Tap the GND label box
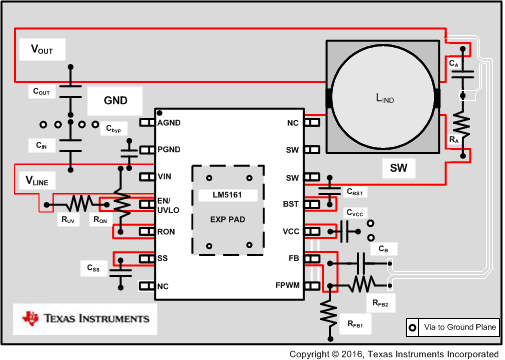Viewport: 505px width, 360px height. coord(117,101)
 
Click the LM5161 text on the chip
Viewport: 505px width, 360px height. coord(234,195)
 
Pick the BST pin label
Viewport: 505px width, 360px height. coord(291,204)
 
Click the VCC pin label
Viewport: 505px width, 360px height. coord(291,231)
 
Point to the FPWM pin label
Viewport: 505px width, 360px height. coord(287,285)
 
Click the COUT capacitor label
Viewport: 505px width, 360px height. coord(41,92)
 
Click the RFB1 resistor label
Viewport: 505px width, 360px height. coord(356,324)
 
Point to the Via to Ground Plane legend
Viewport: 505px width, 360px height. coord(450,327)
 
